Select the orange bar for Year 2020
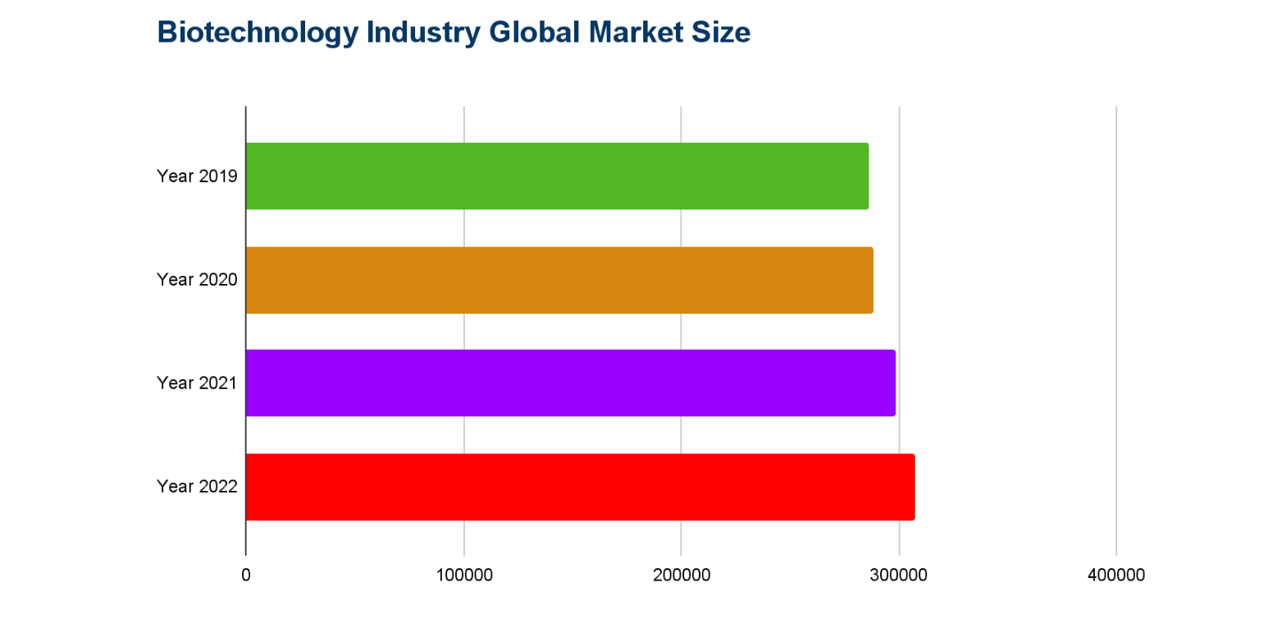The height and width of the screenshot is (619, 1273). click(559, 280)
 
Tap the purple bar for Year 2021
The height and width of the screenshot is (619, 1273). click(570, 383)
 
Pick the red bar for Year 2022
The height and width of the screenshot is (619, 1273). click(579, 487)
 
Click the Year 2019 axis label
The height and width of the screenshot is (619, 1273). click(197, 177)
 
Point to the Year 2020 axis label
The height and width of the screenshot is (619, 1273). click(197, 280)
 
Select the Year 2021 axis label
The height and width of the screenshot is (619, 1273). click(197, 383)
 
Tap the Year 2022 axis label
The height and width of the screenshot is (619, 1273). click(197, 487)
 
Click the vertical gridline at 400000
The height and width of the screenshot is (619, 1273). click(1116, 328)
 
